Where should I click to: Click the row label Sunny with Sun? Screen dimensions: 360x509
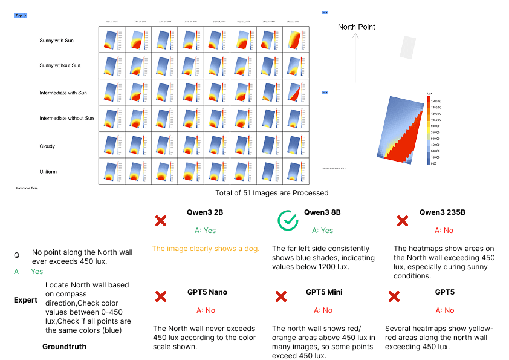pyautogui.click(x=56, y=41)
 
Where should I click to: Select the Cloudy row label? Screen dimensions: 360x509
pyautogui.click(x=47, y=146)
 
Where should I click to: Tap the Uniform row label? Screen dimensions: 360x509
pyautogui.click(x=48, y=172)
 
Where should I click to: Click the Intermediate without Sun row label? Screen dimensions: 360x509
pyautogui.click(x=66, y=119)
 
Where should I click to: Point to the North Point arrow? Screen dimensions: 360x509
pyautogui.click(x=355, y=57)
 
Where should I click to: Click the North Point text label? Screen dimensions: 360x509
pyautogui.click(x=356, y=27)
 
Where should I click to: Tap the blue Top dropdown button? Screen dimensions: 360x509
pyautogui.click(x=21, y=15)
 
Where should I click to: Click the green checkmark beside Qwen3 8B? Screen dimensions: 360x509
pyautogui.click(x=288, y=221)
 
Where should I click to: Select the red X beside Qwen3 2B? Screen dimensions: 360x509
pyautogui.click(x=161, y=221)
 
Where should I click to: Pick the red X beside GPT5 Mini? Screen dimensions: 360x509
pyautogui.click(x=281, y=296)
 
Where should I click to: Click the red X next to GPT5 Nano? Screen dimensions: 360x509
pyautogui.click(x=161, y=296)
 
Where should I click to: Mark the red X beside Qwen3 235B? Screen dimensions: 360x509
pyautogui.click(x=402, y=221)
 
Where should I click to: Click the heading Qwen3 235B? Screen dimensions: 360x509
pyautogui.click(x=442, y=212)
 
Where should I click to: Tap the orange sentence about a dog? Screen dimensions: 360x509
pyautogui.click(x=206, y=249)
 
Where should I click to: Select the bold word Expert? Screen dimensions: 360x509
pyautogui.click(x=25, y=300)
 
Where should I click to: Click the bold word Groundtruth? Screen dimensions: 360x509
pyautogui.click(x=64, y=347)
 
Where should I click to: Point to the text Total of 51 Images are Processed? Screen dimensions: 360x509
pyautogui.click(x=272, y=193)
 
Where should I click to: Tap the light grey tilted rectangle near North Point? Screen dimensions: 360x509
pyautogui.click(x=409, y=47)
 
